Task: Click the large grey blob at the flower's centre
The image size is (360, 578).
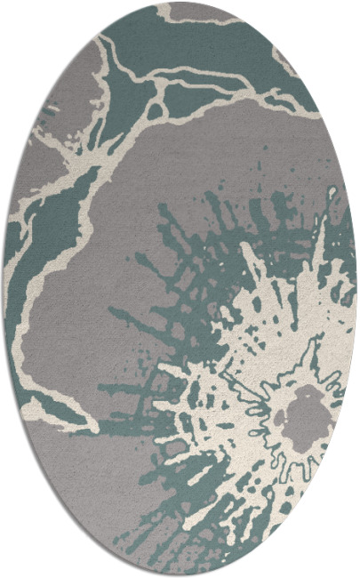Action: (x=308, y=414)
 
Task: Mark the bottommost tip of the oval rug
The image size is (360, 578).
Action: (x=180, y=576)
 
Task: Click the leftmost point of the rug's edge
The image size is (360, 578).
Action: (x=3, y=289)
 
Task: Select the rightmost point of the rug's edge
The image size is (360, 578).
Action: (x=357, y=289)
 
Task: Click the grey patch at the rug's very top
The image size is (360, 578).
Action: (x=196, y=11)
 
